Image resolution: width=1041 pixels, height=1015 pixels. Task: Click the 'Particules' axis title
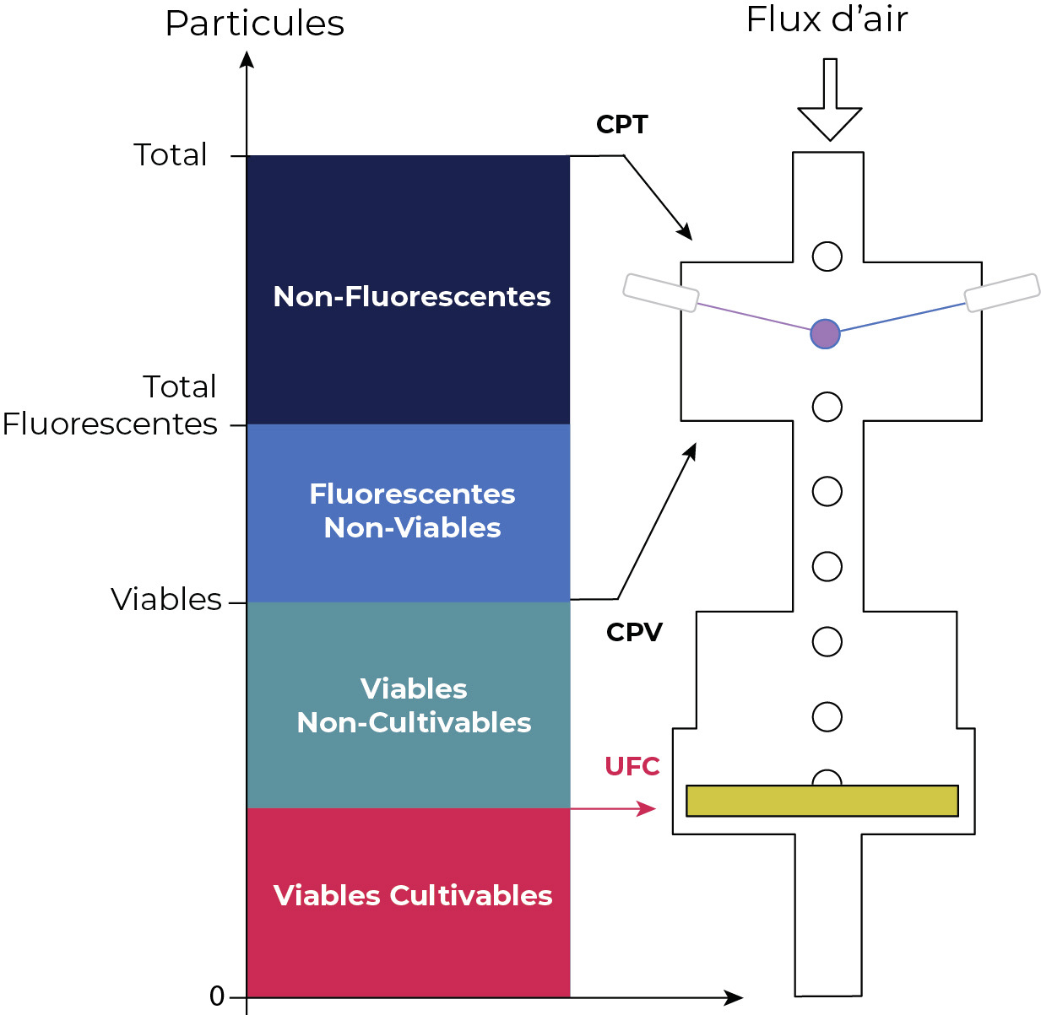coord(254,24)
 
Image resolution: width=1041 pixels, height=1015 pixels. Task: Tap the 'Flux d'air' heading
coord(827,20)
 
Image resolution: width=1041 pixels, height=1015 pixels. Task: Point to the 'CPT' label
coord(621,125)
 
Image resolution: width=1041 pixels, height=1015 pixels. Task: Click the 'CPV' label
coord(634,632)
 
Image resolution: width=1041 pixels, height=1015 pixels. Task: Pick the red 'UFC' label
coord(632,766)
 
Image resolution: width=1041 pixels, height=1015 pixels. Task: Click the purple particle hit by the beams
coord(825,334)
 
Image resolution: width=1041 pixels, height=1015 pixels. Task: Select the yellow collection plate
coord(821,801)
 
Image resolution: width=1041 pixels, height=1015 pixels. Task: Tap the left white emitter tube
coord(660,293)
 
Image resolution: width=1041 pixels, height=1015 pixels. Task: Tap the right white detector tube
coord(1001,292)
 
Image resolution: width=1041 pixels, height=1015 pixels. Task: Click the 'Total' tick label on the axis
coord(170,155)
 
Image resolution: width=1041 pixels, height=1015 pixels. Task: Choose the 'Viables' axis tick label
coord(166,599)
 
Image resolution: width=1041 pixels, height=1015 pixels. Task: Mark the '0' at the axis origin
coord(217,996)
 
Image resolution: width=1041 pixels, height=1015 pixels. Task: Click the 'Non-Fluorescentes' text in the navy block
coord(412,297)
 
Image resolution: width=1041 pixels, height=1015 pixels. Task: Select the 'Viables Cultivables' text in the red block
coord(412,895)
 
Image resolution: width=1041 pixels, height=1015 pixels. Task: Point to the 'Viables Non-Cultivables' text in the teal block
coord(414,705)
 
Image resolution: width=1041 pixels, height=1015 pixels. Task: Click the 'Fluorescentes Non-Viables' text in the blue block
coord(412,510)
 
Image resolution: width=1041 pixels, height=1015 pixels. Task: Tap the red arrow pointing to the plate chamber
coord(613,809)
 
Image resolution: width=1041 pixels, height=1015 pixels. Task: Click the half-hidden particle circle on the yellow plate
coord(827,778)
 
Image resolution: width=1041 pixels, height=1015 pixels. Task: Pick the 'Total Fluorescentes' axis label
coord(110,405)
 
